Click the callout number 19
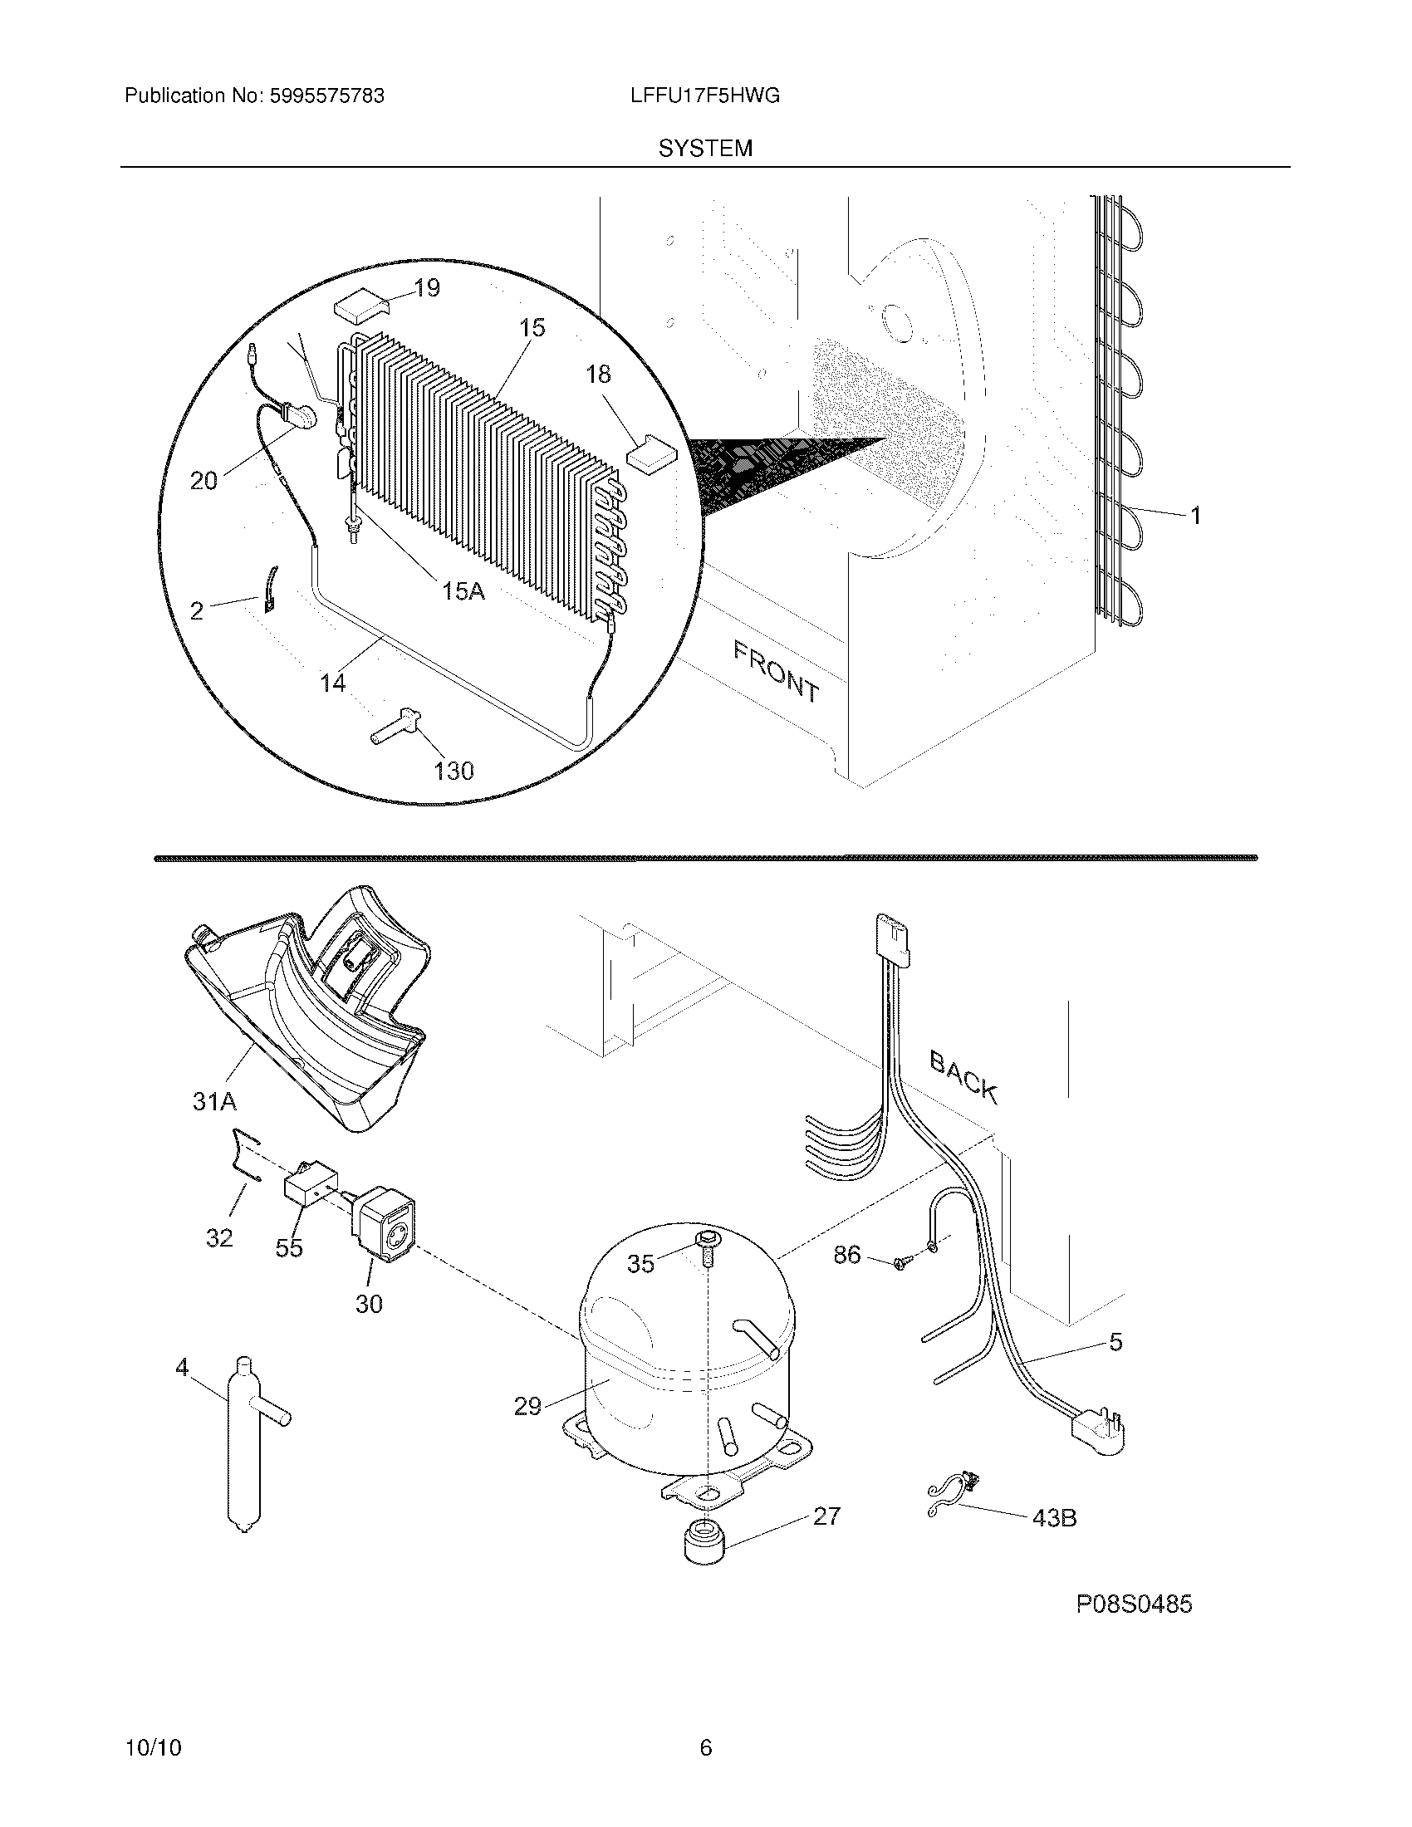[x=427, y=289]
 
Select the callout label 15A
[x=463, y=591]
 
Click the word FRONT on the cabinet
[x=776, y=671]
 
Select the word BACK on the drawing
[x=963, y=1077]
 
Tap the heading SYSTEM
[x=705, y=149]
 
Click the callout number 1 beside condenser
[x=1195, y=517]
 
